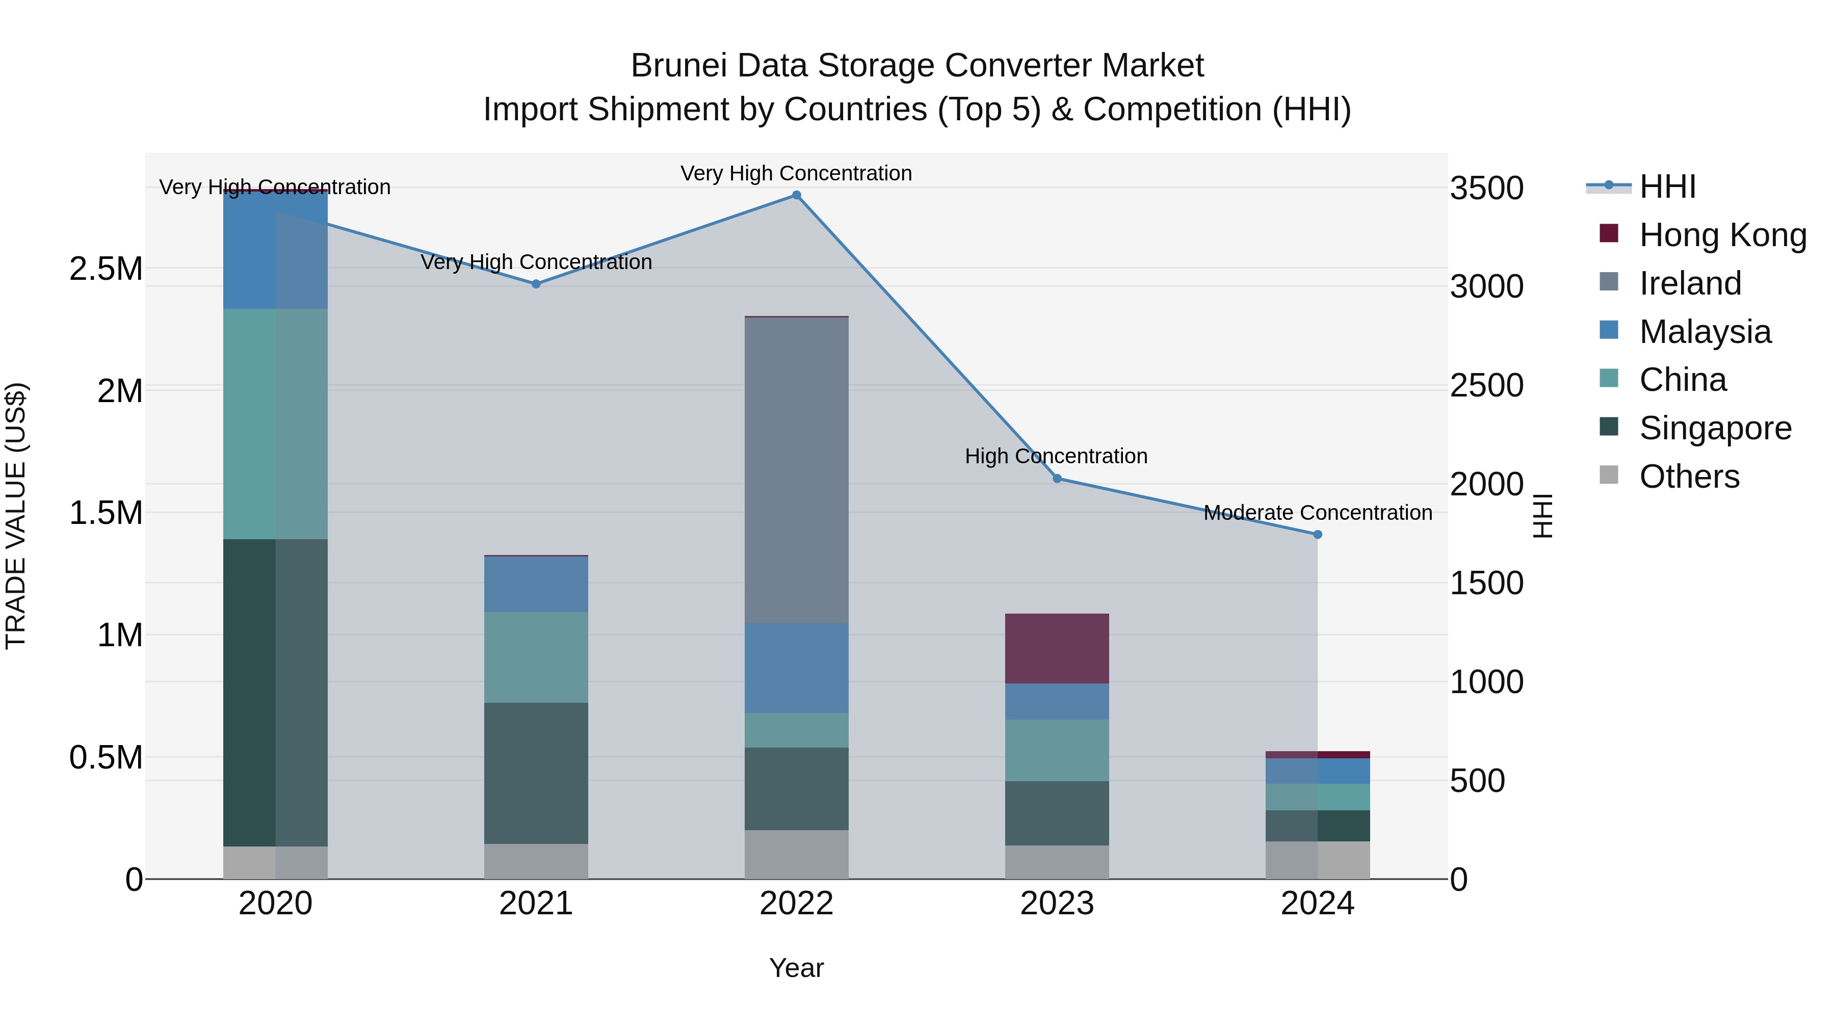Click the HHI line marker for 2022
pos(796,195)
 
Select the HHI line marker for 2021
pos(536,283)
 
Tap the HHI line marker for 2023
pos(1057,479)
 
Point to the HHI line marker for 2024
pos(1317,534)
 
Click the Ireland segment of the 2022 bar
pos(796,470)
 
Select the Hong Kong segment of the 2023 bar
pos(1057,648)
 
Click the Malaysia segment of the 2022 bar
pos(796,668)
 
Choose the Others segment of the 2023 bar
pos(1057,862)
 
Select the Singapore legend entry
pos(1715,428)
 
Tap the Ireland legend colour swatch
pos(1609,282)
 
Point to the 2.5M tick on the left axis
pos(106,269)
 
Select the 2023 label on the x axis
pos(1057,904)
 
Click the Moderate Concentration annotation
pos(1318,513)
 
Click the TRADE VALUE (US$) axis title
pos(16,516)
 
